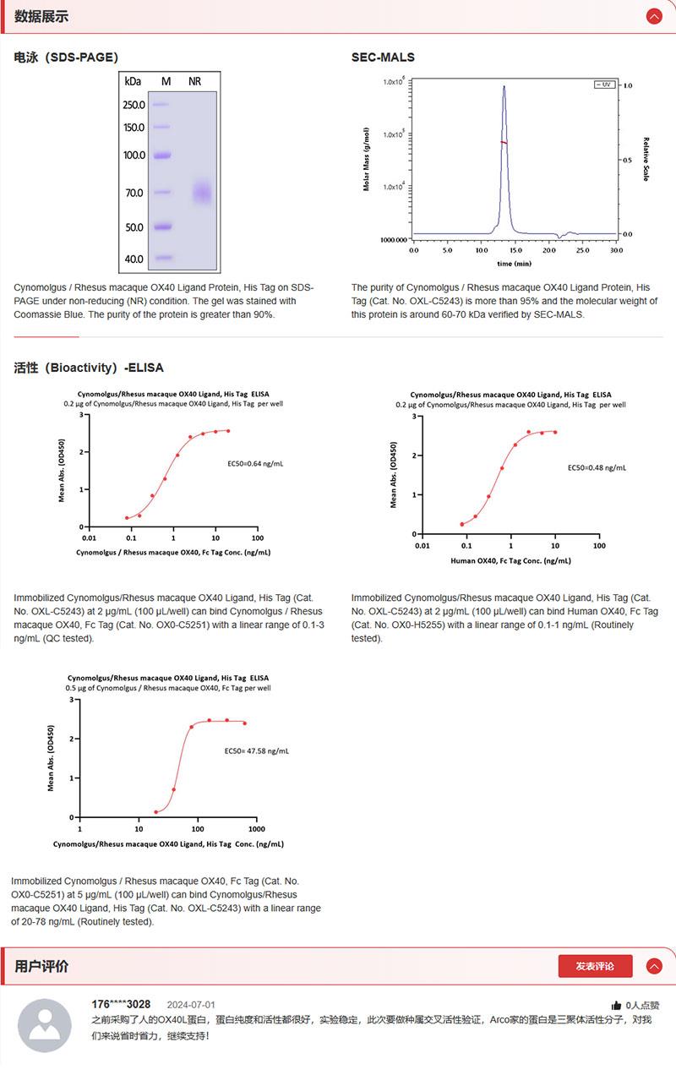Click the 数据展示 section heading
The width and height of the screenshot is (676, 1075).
point(41,17)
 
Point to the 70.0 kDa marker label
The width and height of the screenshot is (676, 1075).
point(134,193)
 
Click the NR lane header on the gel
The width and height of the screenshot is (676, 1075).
point(194,81)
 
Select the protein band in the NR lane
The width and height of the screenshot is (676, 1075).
point(201,193)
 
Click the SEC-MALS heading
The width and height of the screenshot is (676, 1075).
point(383,57)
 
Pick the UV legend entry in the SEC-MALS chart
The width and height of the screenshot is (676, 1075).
point(604,85)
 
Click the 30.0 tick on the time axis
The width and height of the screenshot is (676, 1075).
point(616,250)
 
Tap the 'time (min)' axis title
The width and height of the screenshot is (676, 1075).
point(515,263)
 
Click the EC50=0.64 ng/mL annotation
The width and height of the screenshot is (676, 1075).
point(256,463)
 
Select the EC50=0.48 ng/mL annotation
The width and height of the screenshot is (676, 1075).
point(597,467)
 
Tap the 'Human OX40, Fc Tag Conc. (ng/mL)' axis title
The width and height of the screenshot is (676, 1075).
point(510,560)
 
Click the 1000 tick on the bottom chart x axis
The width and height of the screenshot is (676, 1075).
point(256,829)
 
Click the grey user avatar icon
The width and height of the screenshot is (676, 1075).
point(45,1025)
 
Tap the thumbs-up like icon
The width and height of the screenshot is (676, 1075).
point(617,1006)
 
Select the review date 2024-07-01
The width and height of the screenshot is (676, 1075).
point(191,1005)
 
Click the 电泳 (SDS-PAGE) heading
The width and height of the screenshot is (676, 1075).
point(66,57)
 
